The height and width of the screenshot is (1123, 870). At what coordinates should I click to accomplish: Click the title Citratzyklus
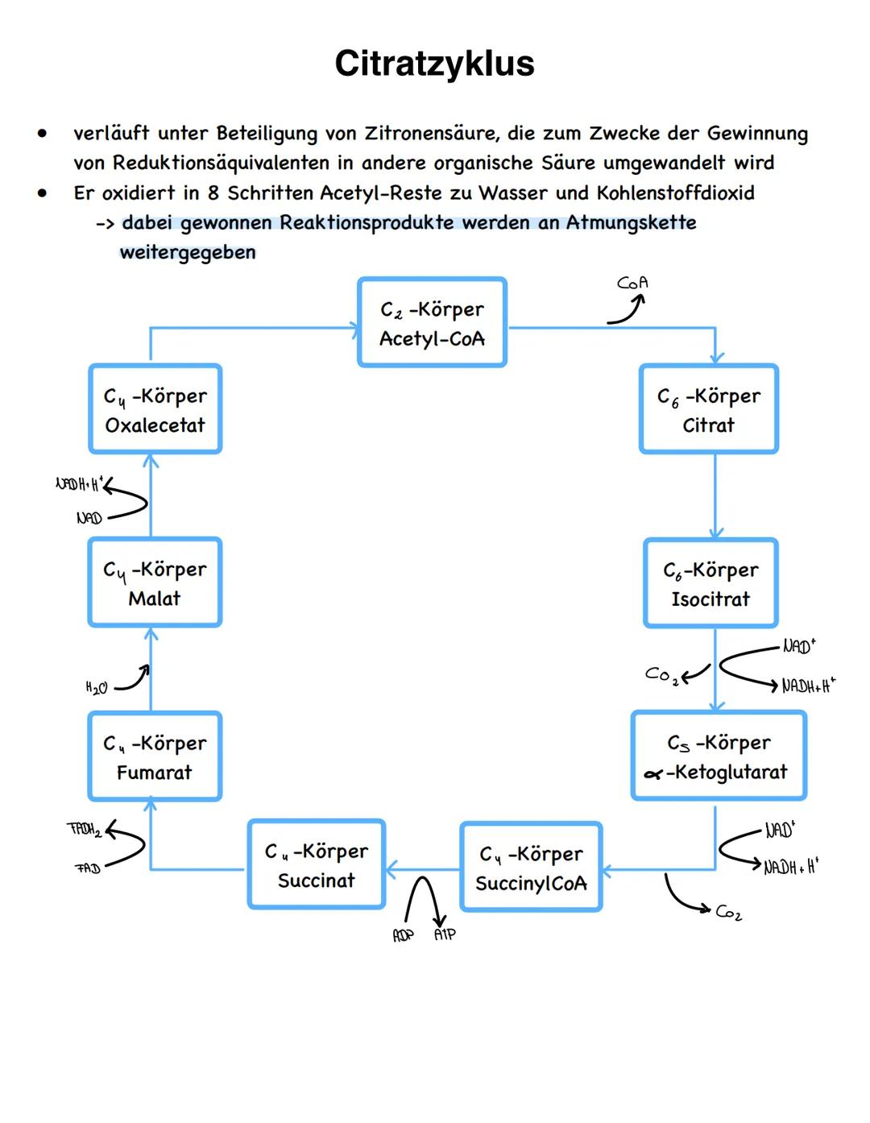(434, 64)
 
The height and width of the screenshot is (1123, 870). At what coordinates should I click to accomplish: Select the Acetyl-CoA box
(433, 323)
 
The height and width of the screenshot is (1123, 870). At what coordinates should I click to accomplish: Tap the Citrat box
(709, 409)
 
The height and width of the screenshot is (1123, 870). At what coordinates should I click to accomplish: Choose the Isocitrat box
(710, 583)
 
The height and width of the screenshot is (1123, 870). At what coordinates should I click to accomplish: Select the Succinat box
(317, 864)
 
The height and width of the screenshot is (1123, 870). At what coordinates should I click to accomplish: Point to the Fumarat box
(155, 756)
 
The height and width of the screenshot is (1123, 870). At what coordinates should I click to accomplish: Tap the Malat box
(155, 582)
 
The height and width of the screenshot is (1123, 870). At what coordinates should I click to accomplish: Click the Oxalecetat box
(155, 409)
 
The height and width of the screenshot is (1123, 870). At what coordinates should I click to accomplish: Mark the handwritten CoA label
(632, 283)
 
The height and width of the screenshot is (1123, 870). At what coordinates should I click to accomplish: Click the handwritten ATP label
(445, 934)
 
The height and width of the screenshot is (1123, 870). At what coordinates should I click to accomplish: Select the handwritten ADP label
(403, 935)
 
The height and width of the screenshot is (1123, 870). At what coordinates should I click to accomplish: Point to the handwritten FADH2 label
(84, 829)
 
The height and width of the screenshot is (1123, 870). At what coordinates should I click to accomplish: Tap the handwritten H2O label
(97, 687)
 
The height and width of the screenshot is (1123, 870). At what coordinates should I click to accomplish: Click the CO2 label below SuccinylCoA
(728, 912)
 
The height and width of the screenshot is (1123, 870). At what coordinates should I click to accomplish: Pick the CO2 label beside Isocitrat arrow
(661, 674)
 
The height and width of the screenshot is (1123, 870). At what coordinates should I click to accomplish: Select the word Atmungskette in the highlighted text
(631, 222)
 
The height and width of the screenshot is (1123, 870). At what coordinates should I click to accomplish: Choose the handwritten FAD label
(87, 868)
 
